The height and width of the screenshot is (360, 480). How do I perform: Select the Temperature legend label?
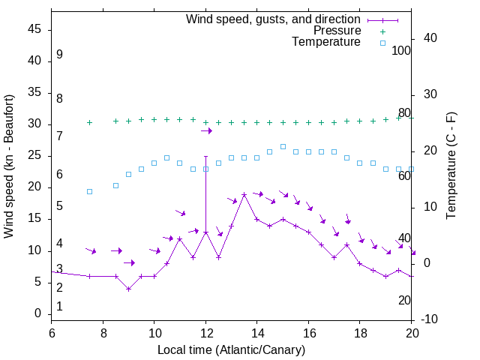click(x=326, y=43)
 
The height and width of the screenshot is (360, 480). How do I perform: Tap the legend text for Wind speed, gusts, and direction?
click(x=273, y=19)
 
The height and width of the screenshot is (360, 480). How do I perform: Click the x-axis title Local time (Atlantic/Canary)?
click(x=231, y=350)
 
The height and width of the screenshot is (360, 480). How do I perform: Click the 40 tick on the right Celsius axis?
click(x=430, y=38)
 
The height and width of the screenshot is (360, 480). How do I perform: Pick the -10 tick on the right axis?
click(x=430, y=320)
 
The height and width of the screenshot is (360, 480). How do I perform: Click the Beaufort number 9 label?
click(x=59, y=55)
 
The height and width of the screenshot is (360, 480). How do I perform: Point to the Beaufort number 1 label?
click(x=59, y=307)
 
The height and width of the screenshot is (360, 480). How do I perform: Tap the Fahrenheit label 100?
click(x=401, y=51)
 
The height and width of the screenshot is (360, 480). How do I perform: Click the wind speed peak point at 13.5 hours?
click(x=244, y=195)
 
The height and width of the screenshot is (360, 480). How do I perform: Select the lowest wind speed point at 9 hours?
click(x=128, y=289)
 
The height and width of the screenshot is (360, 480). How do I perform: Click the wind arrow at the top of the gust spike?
click(x=206, y=131)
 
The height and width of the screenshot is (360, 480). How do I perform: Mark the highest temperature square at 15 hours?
click(x=283, y=146)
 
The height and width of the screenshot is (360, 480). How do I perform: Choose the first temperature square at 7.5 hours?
click(x=90, y=191)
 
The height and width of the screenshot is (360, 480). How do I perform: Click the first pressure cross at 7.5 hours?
click(x=90, y=122)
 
